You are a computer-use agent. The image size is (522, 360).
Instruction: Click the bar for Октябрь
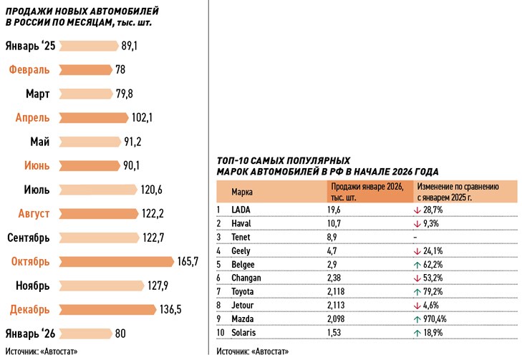[116, 261]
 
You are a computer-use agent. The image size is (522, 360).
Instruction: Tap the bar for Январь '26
[85, 333]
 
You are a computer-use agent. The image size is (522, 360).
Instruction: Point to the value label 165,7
[187, 261]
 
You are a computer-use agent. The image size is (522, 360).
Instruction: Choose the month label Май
[40, 142]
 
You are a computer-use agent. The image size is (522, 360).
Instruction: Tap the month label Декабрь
[30, 309]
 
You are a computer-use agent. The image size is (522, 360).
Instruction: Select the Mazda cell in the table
[244, 318]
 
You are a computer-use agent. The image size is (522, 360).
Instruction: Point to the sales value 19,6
[334, 210]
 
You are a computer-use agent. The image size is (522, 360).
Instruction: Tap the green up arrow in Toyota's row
[417, 291]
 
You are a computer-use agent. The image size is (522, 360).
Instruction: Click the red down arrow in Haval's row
[417, 223]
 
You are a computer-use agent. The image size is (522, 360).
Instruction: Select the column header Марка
[242, 192]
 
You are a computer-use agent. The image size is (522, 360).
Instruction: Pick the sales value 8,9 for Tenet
[334, 237]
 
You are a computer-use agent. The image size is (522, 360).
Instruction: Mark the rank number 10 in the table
[221, 332]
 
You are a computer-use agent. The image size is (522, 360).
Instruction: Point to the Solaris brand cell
[246, 332]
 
